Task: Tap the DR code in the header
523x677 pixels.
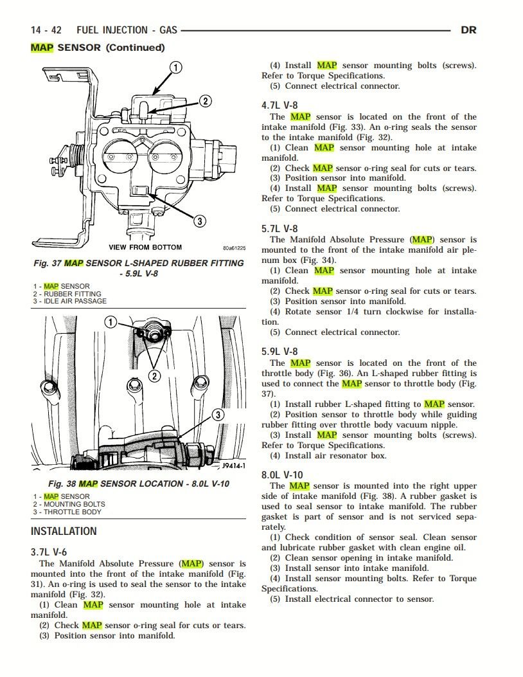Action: tap(468, 30)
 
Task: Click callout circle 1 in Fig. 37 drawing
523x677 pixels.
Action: tap(175, 67)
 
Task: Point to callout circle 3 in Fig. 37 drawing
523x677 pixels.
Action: tap(200, 221)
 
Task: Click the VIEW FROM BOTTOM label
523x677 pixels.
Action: tap(145, 248)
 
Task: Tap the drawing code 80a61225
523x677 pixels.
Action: tap(234, 248)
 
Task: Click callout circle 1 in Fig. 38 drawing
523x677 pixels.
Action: tap(111, 322)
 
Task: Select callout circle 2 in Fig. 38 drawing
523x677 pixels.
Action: tap(154, 375)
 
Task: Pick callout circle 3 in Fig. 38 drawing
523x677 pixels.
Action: tap(218, 415)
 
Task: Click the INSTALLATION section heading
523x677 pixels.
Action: tap(64, 532)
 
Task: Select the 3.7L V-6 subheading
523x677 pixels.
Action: tap(49, 552)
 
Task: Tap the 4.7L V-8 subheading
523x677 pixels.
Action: tap(279, 105)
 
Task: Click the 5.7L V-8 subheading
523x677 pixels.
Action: tap(279, 228)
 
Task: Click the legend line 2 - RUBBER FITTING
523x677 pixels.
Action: tap(67, 294)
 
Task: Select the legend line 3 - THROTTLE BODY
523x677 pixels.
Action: tap(67, 512)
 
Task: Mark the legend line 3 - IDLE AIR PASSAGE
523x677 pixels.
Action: tap(70, 301)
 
